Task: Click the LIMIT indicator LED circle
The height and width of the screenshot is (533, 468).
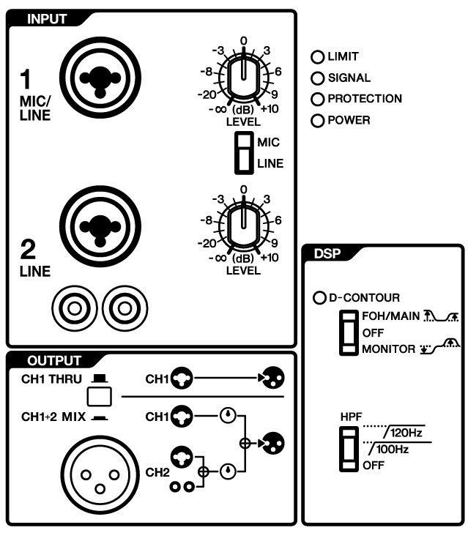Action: pyautogui.click(x=318, y=57)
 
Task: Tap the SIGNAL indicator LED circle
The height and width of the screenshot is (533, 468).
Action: pyautogui.click(x=318, y=78)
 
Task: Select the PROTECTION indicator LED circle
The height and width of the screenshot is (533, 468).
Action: pyautogui.click(x=318, y=100)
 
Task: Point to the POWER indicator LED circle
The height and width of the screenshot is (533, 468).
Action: pyautogui.click(x=318, y=121)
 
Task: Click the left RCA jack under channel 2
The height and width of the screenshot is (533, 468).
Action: pyautogui.click(x=72, y=305)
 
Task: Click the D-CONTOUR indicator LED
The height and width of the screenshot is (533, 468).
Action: pyautogui.click(x=319, y=299)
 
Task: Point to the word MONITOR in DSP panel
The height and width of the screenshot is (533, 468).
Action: pyautogui.click(x=388, y=349)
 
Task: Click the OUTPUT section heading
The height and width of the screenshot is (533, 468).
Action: pyautogui.click(x=54, y=361)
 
